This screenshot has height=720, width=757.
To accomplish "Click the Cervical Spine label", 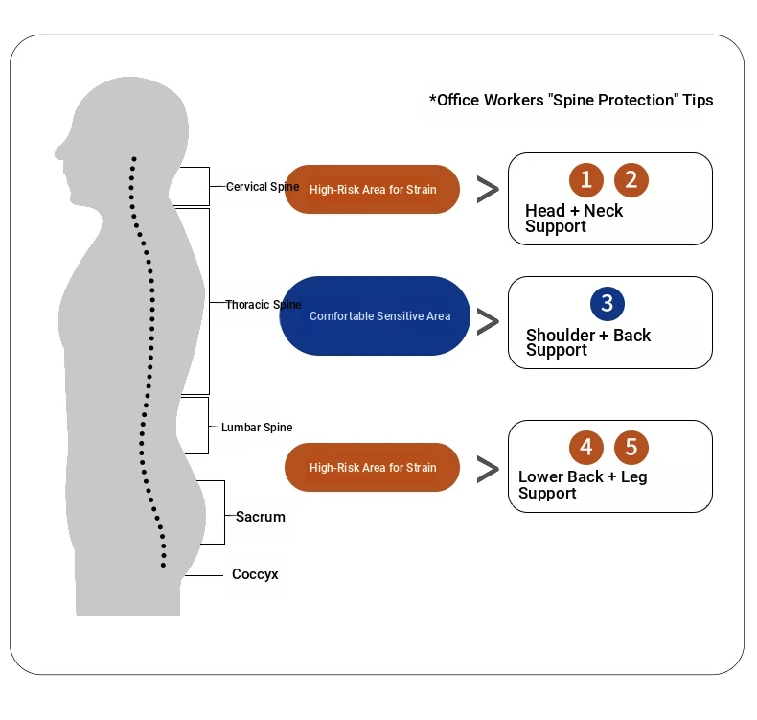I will point(263,187).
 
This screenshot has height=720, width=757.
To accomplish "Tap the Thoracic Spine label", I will point(264,305).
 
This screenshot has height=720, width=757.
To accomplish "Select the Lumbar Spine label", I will point(257,428).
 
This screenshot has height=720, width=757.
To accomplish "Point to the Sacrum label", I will point(261,517).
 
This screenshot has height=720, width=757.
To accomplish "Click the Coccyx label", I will point(255,575).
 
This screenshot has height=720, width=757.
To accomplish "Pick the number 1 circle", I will point(586,179).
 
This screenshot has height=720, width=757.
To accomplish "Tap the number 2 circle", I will point(631,179).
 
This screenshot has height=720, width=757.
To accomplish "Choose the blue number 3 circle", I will point(608,304).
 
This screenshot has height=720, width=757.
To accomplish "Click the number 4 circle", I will point(586,447).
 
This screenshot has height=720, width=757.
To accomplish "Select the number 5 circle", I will point(631,447).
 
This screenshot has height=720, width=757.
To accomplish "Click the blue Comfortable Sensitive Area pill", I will point(379,315).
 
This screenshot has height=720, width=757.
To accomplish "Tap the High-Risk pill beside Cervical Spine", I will point(373,189).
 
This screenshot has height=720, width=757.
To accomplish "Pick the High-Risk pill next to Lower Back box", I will point(373,468).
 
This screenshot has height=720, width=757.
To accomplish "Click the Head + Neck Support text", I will point(574,219).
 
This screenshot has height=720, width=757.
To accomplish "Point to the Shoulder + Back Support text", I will point(588,343).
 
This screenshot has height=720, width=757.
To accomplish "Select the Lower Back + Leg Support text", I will point(583,485).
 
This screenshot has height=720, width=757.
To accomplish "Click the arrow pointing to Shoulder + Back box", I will point(488,321).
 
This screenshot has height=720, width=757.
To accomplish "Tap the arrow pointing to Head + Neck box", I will point(488,190).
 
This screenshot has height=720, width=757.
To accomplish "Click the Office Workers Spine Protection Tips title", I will point(571,101).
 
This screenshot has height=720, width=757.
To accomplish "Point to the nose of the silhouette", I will point(59,151).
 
